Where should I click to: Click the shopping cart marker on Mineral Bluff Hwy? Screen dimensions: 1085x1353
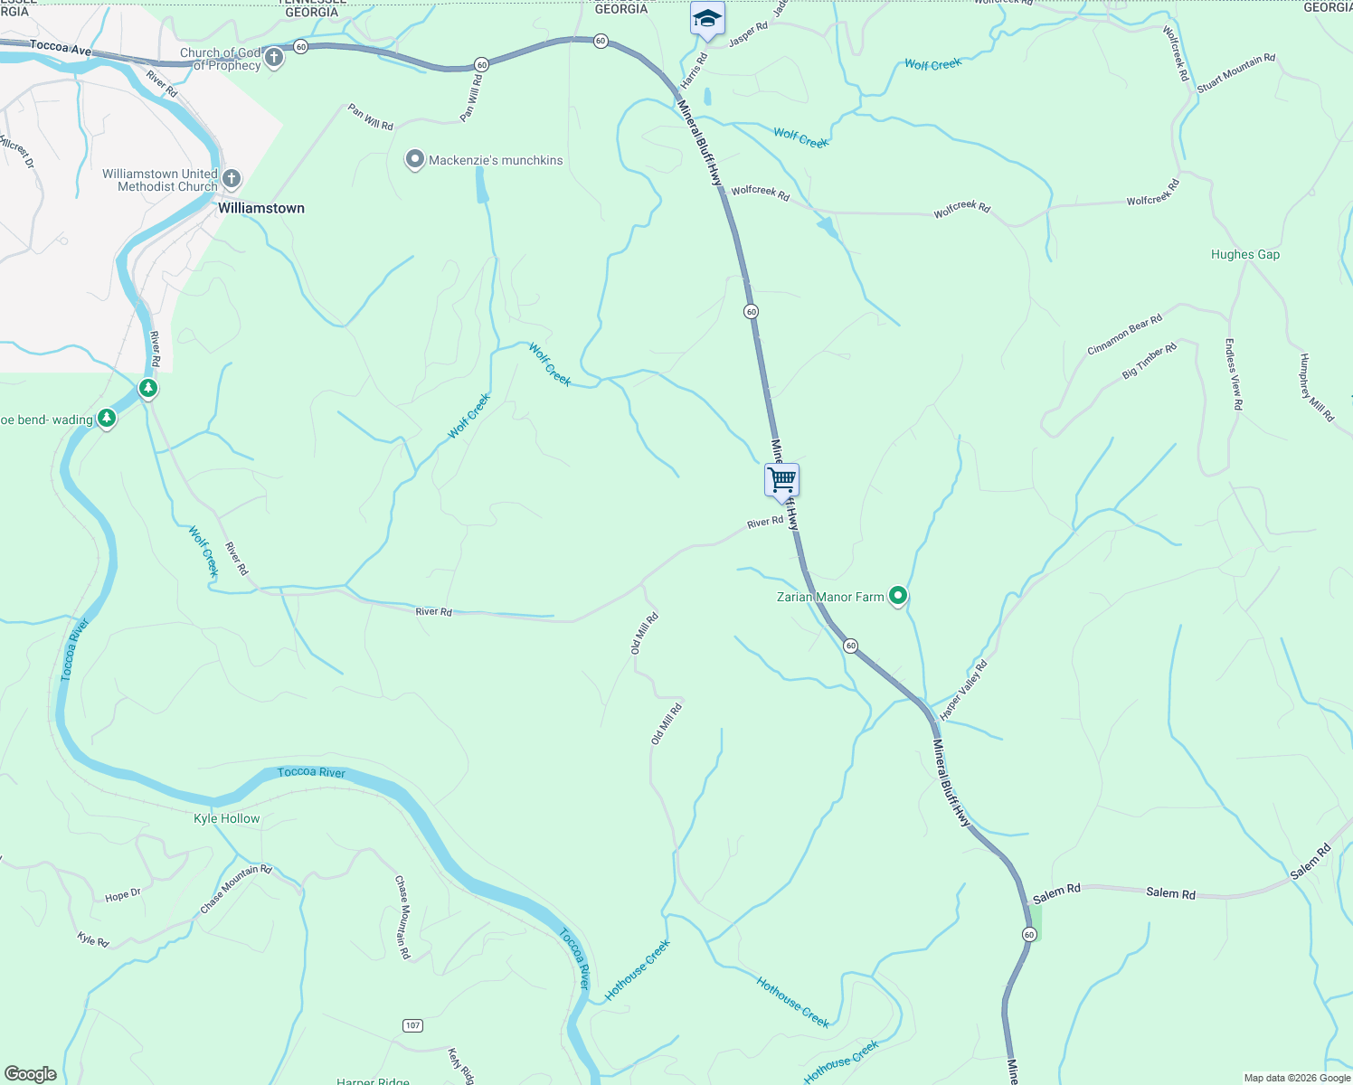781,480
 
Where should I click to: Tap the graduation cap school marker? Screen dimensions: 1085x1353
707,19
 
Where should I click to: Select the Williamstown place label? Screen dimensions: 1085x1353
261,208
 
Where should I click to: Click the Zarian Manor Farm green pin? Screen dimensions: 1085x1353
898,595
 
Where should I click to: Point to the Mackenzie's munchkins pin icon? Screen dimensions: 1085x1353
414,159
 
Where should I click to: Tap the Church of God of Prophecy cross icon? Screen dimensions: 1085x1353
274,59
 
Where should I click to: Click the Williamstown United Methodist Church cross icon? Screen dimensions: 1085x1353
232,178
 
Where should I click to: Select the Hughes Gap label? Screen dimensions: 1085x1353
1245,255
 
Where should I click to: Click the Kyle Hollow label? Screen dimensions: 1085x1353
227,818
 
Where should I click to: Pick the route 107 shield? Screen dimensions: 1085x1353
413,1024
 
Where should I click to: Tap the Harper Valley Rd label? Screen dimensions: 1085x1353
964,690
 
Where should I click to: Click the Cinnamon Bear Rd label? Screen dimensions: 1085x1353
1124,335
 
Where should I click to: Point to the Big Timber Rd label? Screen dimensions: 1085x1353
1150,361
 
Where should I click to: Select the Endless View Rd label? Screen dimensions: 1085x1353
1234,374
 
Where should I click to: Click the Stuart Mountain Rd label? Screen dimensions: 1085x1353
1235,73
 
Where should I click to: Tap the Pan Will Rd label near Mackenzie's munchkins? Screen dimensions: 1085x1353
371,117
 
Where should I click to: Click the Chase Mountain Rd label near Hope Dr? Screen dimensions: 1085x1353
236,888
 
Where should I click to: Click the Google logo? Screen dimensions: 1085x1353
31,1074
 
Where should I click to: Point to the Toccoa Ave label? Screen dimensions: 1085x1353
61,48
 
